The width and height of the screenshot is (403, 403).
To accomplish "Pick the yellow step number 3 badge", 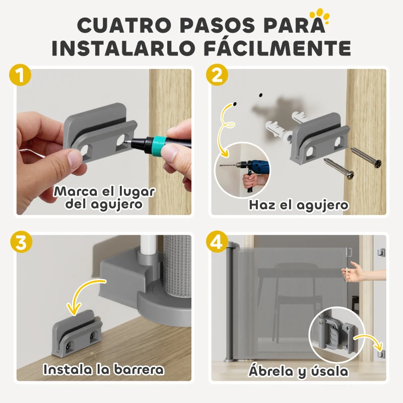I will pos(20,242).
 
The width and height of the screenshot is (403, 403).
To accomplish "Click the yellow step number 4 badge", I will pos(217,242).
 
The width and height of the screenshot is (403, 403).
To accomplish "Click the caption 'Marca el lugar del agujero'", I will pos(105,198).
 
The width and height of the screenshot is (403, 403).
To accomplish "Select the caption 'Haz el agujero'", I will pos(298,205).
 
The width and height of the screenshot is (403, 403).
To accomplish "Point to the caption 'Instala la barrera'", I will pos(104,369).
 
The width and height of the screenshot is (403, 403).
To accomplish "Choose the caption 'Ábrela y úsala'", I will pos(298,371).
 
